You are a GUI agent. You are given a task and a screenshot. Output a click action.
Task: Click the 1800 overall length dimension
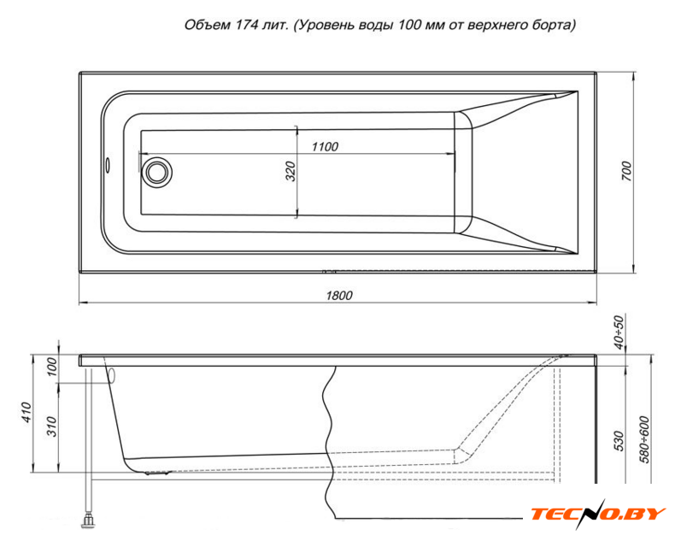coord(339,296)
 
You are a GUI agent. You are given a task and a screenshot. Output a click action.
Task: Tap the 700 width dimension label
coord(627,171)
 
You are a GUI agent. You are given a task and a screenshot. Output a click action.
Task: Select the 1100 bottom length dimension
coord(325,147)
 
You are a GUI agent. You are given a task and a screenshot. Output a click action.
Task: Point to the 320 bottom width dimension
coord(291,171)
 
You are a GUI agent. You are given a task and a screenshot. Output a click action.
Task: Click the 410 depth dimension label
coord(26,412)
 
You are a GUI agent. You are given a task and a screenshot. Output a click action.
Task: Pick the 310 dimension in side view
coord(51,426)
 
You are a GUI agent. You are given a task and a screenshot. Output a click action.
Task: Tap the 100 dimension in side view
coord(51,367)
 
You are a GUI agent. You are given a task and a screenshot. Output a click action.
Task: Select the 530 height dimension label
coord(618,441)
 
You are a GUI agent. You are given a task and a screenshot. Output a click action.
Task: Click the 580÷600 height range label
coord(644,439)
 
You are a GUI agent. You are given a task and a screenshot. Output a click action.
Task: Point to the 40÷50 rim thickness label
coord(618,332)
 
